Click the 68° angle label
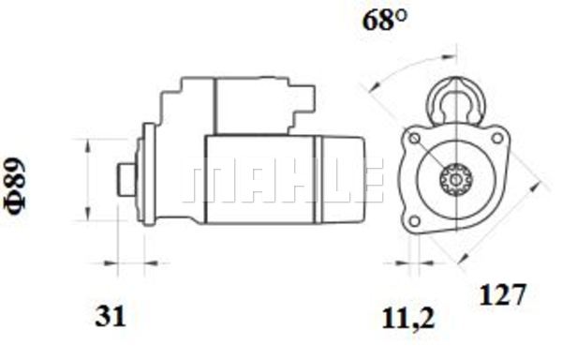tap(385, 20)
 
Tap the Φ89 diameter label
tap(16, 187)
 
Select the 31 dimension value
tap(111, 316)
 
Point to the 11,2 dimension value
tap(407, 319)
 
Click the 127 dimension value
tap(502, 294)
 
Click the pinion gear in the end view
tap(456, 179)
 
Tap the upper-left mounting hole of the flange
tap(415, 139)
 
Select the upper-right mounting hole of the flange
tap(497, 138)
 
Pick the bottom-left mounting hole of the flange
tap(415, 221)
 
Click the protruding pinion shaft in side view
tap(126, 179)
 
